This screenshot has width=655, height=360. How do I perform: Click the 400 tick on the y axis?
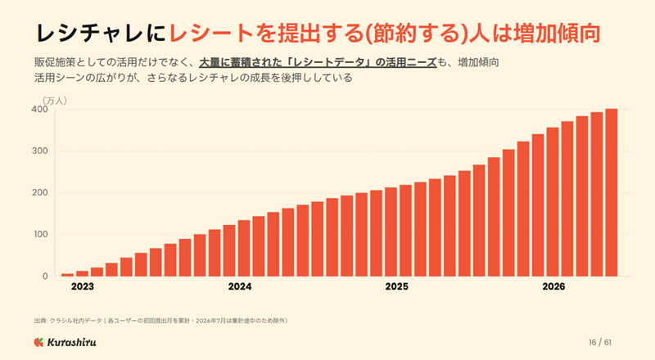coord(39,109)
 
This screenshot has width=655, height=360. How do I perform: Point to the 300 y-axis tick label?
coord(39,151)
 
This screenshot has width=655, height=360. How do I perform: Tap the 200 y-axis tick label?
coord(39,192)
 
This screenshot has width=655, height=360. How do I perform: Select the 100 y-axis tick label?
coord(40,234)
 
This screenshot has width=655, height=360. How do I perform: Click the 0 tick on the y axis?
coord(45,277)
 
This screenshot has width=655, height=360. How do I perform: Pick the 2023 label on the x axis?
coord(83,286)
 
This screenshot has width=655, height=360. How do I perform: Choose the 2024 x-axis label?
coord(240,286)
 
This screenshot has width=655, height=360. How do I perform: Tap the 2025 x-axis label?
coord(397,286)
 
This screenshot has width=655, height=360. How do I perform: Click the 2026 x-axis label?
coord(554,286)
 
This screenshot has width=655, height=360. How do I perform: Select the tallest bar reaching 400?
coord(612,192)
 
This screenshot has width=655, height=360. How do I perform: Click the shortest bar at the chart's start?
coord(67,275)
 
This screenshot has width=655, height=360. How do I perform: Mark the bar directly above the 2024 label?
coord(243,248)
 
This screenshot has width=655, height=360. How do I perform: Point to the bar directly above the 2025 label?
coord(391,232)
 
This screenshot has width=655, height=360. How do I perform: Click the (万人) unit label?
coord(55,101)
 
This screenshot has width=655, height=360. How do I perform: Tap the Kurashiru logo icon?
coord(38,343)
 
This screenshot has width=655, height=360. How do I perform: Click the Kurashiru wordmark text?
coord(72,343)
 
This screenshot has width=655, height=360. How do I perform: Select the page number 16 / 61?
coord(600,343)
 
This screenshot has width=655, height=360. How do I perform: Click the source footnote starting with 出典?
coord(160,321)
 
